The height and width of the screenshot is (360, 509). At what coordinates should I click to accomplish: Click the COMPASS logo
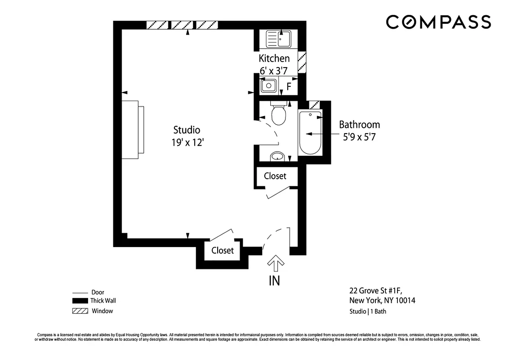click(438, 22)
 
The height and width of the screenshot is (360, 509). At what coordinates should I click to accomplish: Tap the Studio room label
click(187, 130)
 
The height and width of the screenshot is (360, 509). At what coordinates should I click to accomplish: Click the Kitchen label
click(274, 58)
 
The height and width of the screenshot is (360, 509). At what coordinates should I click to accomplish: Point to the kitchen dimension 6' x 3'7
click(273, 70)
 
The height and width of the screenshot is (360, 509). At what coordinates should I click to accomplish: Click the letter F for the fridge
click(289, 86)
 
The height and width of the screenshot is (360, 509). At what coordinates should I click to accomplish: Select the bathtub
click(310, 133)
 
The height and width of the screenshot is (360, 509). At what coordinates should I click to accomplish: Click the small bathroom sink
click(277, 157)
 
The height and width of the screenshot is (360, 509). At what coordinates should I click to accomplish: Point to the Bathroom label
click(359, 125)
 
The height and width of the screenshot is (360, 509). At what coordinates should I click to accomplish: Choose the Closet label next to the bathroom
click(275, 176)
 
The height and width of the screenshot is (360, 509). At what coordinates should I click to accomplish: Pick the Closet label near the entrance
click(223, 250)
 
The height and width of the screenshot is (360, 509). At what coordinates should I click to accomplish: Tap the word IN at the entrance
click(274, 281)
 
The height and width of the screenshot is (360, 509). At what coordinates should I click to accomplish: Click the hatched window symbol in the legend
click(80, 311)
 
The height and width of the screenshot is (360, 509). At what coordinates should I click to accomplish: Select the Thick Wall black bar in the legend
click(80, 301)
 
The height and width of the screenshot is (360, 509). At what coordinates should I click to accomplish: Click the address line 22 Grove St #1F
click(379, 290)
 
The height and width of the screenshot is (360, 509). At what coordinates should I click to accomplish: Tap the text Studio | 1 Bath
click(367, 311)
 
